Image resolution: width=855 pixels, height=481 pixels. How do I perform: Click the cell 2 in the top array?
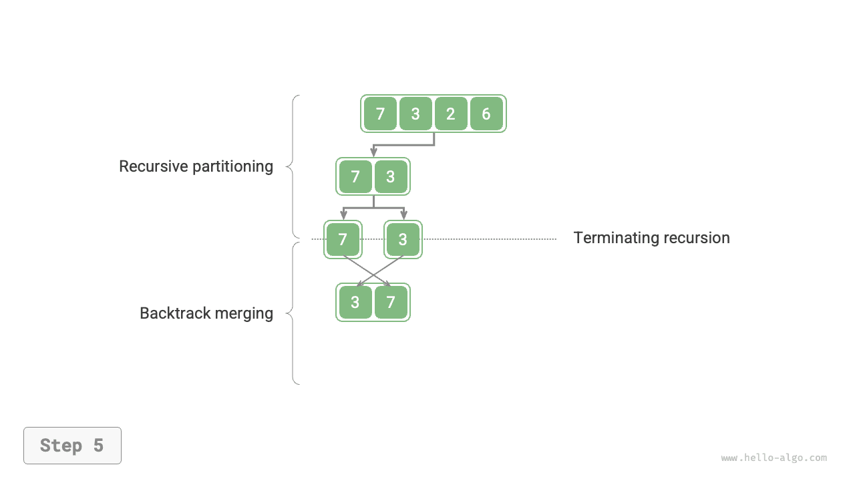(x=451, y=114)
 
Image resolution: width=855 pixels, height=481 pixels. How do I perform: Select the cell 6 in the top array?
(x=486, y=114)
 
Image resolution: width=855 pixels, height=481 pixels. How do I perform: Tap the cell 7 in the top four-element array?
(x=380, y=114)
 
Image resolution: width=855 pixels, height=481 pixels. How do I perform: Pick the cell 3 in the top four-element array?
(x=415, y=114)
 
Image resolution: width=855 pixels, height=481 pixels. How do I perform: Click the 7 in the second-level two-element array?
(x=355, y=177)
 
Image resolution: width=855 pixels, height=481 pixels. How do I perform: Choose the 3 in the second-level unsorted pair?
(x=391, y=177)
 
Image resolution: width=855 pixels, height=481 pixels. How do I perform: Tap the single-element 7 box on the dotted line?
(x=343, y=239)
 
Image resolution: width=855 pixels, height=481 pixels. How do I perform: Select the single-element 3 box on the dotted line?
(x=403, y=239)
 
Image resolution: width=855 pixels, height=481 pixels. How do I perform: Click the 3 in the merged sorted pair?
(x=355, y=303)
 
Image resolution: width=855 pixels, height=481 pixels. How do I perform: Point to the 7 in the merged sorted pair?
(x=391, y=303)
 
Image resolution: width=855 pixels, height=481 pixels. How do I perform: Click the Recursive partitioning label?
(x=196, y=166)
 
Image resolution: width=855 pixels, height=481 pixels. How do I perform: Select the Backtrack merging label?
(x=206, y=313)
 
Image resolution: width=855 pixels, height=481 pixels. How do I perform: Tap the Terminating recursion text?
(x=651, y=238)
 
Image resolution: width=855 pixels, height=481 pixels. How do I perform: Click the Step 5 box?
(x=72, y=446)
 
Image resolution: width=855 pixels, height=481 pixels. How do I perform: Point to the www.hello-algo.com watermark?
(x=774, y=458)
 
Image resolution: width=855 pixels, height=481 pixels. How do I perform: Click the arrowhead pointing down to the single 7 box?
(x=343, y=216)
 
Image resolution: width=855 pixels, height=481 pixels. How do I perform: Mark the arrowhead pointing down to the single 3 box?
(x=403, y=216)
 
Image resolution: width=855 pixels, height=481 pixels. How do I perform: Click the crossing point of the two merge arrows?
(x=373, y=273)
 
